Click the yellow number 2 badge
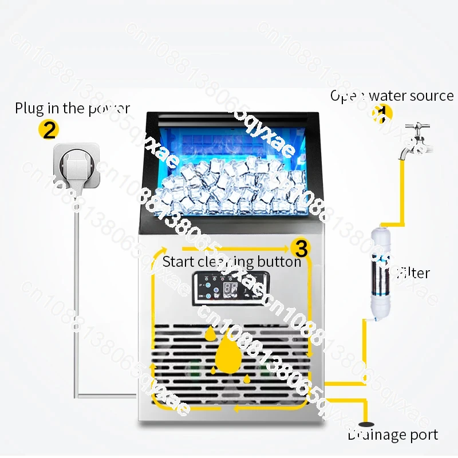(49, 129)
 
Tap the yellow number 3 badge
(301, 248)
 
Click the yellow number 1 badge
(382, 113)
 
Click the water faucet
(417, 138)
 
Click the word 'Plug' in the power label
(29, 108)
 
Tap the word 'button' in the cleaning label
(278, 262)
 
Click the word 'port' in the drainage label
(424, 435)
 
